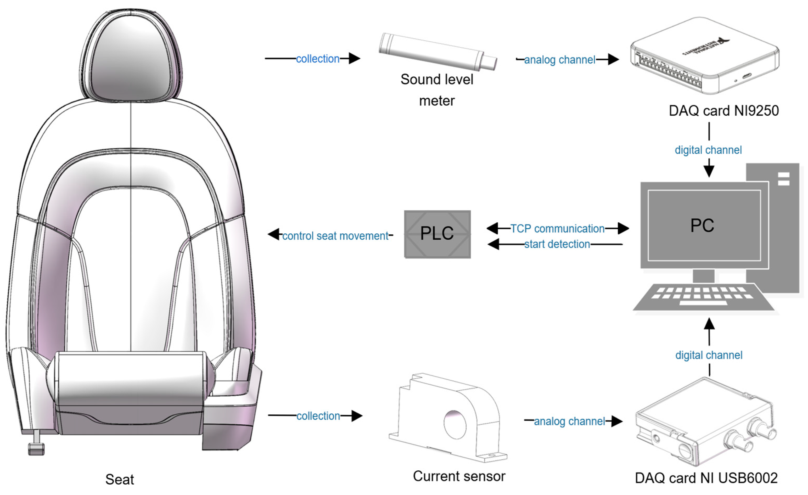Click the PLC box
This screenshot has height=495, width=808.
437,234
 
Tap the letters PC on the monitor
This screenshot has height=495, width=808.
702,226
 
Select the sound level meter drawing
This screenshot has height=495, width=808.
437,52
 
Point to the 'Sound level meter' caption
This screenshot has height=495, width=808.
437,89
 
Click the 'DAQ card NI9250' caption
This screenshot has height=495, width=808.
723,111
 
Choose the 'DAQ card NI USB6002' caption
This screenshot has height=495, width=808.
706,478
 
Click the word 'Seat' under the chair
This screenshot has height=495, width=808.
119,479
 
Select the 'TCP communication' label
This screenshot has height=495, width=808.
558,228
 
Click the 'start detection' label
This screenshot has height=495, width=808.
557,244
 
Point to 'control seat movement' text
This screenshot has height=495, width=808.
335,236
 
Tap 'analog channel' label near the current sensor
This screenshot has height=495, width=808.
569,421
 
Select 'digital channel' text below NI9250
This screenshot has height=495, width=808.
708,150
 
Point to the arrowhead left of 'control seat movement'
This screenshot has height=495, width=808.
274,234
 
